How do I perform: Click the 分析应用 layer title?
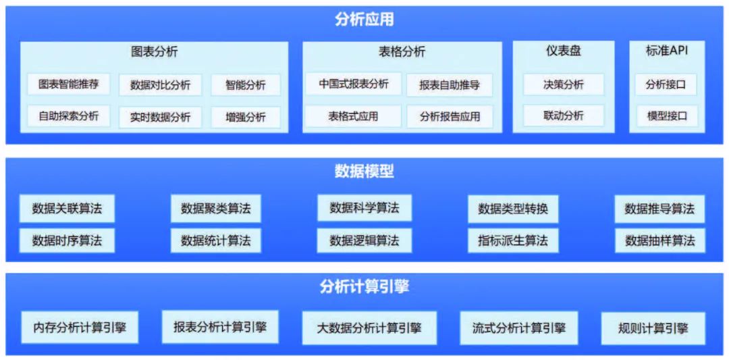[x=364, y=19]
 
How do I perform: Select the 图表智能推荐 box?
[x=69, y=84]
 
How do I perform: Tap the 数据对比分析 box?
[x=160, y=85]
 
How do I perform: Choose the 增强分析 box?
[x=246, y=117]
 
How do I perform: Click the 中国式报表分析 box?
[x=354, y=84]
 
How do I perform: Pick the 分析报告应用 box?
[x=450, y=116]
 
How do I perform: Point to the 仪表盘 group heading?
[x=563, y=51]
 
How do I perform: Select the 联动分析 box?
[x=563, y=115]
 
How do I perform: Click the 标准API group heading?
[x=666, y=51]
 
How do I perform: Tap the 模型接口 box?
[x=666, y=115]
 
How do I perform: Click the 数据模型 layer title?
[x=364, y=172]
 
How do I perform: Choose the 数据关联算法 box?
[x=67, y=209]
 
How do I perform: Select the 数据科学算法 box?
[x=364, y=208]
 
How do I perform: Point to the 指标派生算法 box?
[x=513, y=240]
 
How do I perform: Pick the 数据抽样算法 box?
[x=659, y=240]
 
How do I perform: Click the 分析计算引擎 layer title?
[x=364, y=287]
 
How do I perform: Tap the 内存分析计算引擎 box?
[x=80, y=329]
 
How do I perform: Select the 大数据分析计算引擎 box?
[x=369, y=328]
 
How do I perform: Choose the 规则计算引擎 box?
[x=653, y=329]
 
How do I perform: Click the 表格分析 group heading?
[x=402, y=51]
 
